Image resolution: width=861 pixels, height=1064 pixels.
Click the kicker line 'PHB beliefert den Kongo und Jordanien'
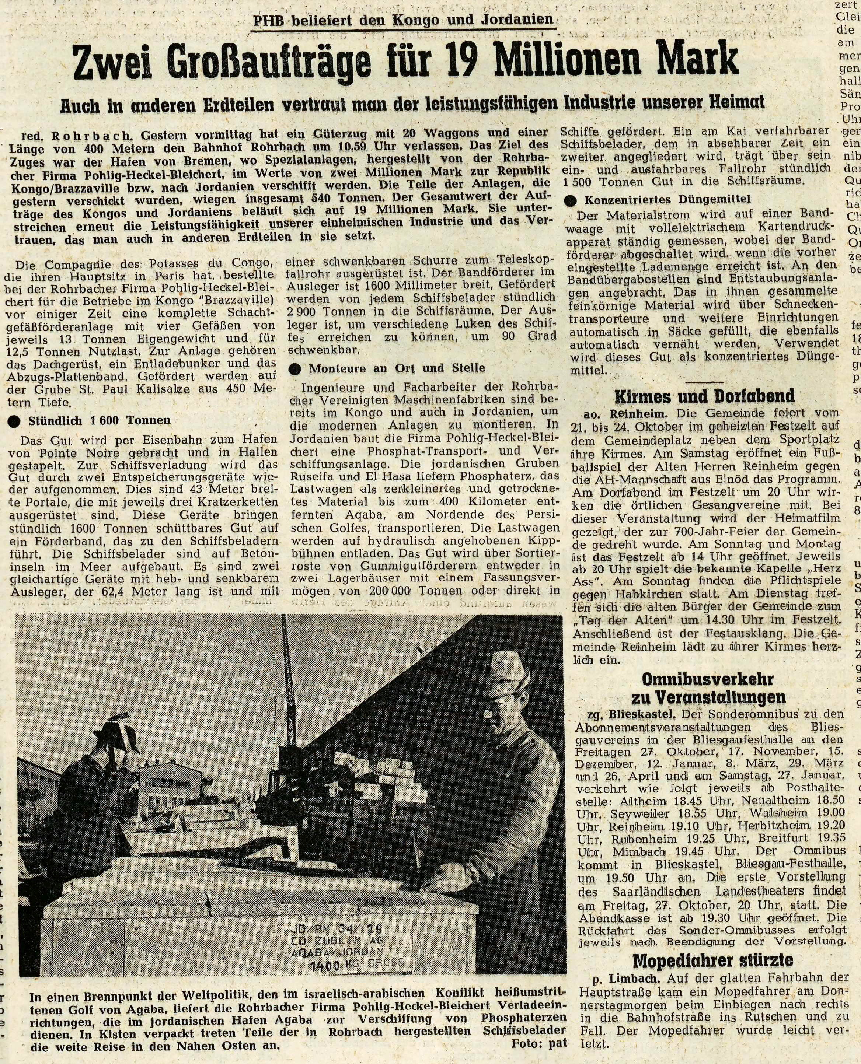click(x=403, y=20)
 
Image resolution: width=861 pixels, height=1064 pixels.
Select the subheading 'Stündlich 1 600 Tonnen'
click(x=99, y=420)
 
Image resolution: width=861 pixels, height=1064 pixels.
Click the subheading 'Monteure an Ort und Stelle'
click(x=396, y=368)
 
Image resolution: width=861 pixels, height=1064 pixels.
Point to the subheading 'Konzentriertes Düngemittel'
click(x=667, y=200)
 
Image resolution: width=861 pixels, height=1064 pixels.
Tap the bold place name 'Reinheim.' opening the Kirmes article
click(x=639, y=413)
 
